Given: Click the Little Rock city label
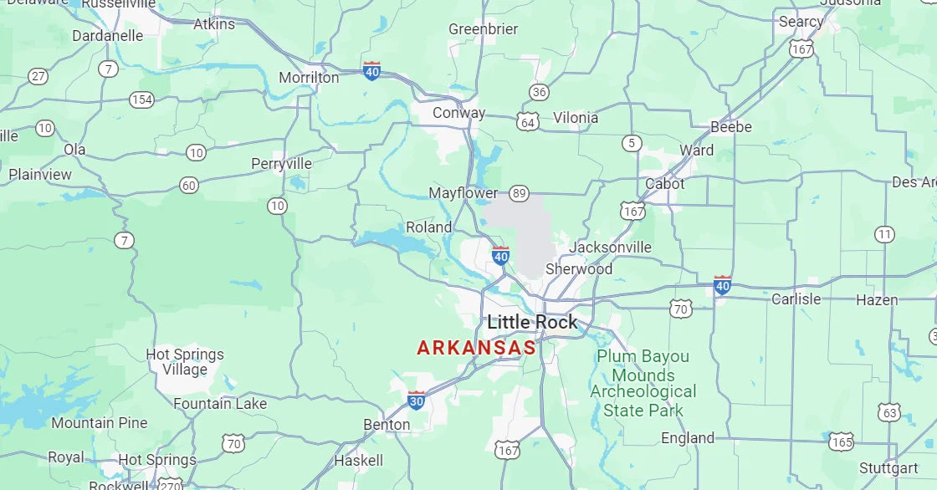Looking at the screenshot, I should (532, 322).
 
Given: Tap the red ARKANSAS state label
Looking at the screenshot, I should (476, 347).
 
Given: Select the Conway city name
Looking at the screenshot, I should (458, 113).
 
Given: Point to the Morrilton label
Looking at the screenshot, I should (309, 78).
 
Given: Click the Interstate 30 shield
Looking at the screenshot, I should (416, 400).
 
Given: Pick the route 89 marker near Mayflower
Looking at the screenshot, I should (520, 193).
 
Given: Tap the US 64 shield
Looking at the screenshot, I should (527, 122).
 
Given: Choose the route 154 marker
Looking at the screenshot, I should (141, 100).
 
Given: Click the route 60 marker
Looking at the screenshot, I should (189, 185).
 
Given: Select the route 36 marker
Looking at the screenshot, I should (539, 92).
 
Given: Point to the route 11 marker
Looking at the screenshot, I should (884, 234).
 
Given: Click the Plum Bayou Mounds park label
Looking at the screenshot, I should (643, 383).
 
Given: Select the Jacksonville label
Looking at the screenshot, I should (610, 248).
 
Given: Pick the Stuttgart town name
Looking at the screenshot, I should (888, 467).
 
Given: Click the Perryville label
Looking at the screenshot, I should (281, 164).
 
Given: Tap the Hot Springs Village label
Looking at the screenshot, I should (185, 361).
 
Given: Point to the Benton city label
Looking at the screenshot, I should (387, 425).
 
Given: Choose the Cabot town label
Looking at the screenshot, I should (664, 184).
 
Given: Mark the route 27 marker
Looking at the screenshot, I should (38, 76).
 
